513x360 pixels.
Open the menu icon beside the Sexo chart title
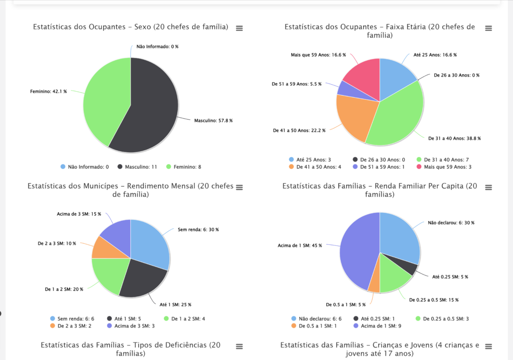pyautogui.click(x=239, y=28)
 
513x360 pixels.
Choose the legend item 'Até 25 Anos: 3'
pyautogui.click(x=313, y=159)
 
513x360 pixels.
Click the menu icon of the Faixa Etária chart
pyautogui.click(x=488, y=28)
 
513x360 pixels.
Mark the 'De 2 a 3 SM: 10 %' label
pyautogui.click(x=57, y=243)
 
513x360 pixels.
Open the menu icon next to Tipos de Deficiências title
pyautogui.click(x=239, y=346)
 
